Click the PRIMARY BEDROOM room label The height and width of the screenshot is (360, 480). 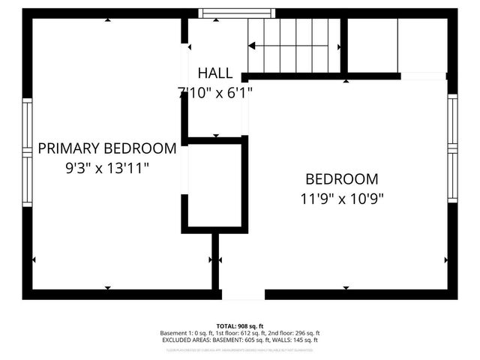[x=107, y=148]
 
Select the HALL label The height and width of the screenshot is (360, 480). [x=215, y=73]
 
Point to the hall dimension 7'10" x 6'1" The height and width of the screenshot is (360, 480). [x=215, y=93]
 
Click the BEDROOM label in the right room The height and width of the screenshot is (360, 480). [x=341, y=179]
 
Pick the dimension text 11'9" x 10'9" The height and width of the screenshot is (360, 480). [x=341, y=199]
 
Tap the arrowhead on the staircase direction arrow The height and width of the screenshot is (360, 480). [x=252, y=46]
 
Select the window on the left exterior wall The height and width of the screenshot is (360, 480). [x=27, y=153]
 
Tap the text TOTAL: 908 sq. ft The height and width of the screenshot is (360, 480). [x=240, y=326]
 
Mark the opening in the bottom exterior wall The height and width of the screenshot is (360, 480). [x=243, y=295]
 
